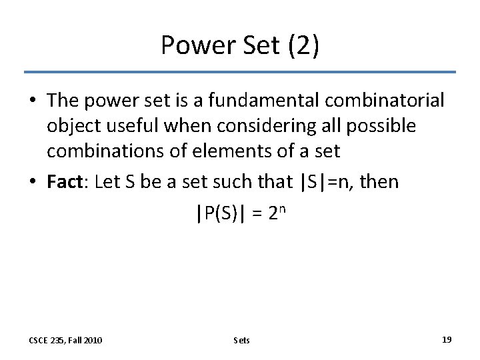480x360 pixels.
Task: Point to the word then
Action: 378,182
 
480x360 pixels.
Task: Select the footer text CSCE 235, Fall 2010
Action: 65,340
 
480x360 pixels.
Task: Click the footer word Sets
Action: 242,340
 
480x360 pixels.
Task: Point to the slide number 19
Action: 447,339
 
